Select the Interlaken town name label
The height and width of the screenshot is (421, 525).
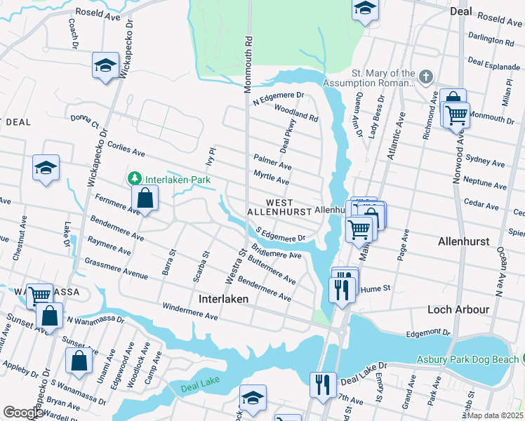pos(224,298)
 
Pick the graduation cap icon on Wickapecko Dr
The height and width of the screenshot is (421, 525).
pos(105,66)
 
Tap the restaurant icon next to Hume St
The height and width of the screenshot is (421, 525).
pos(341,288)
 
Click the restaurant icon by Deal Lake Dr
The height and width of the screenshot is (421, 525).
pos(323,384)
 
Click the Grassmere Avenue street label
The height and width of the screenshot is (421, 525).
pos(116,267)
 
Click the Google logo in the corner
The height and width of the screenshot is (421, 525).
pos(22,413)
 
